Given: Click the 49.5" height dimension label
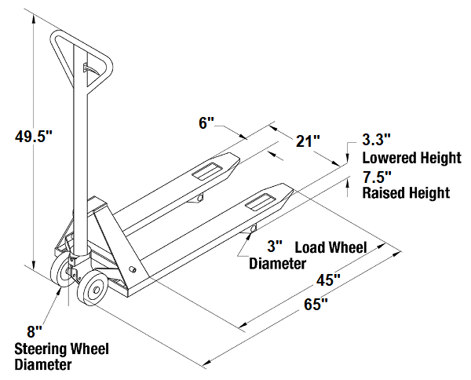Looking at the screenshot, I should coord(33,136).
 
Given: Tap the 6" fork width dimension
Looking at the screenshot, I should coord(206,123).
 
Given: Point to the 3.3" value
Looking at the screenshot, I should coord(377,141).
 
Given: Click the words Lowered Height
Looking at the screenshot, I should coord(411,158).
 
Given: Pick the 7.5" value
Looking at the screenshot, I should coord(377,177).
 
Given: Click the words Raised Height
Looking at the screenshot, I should coord(406,192).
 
